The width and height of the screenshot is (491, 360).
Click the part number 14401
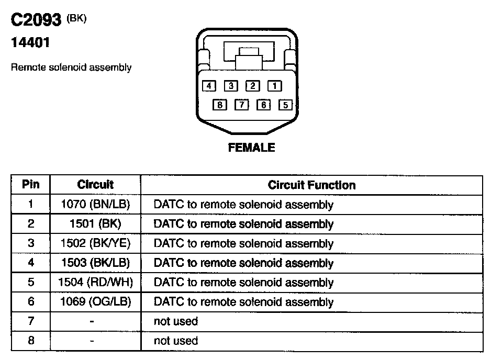point(30,43)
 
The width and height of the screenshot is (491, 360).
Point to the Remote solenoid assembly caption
point(71,67)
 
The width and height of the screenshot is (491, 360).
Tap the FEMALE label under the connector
point(251,148)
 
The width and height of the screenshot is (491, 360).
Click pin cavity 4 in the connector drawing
point(209,85)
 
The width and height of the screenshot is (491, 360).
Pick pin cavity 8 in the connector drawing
point(220,105)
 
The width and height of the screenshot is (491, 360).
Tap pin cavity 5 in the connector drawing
point(285,105)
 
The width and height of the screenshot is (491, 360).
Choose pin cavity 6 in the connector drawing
point(263,105)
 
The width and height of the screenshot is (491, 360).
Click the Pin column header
point(31,185)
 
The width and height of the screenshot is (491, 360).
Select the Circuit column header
point(95,185)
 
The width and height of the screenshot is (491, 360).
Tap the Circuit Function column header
point(311,185)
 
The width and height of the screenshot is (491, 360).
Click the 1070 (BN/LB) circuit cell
point(95,205)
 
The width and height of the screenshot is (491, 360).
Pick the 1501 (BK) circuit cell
point(95,224)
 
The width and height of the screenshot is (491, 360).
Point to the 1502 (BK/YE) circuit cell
point(95,244)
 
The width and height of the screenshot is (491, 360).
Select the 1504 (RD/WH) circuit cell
point(95,283)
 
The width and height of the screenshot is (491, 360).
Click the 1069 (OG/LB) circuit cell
point(95,302)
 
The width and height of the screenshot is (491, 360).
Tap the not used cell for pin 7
point(176,321)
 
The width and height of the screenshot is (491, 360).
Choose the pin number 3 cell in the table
point(31,244)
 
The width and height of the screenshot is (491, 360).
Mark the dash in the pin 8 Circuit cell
point(92,341)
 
